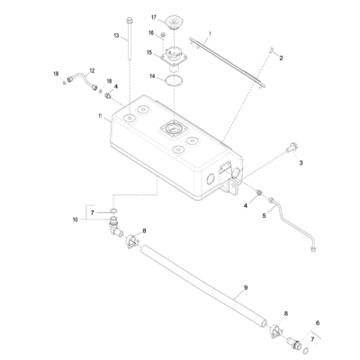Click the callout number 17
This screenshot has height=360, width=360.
[x=154, y=17]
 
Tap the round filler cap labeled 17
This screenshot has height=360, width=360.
[x=171, y=22]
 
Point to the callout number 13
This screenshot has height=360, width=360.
[x=116, y=35]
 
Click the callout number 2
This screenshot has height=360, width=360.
[x=281, y=58]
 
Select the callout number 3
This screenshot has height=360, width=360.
[x=301, y=162]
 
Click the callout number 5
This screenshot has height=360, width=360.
[x=265, y=216]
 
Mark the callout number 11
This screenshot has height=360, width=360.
[x=100, y=116]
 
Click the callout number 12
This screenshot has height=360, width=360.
[x=91, y=69]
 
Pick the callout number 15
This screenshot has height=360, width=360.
[x=151, y=53]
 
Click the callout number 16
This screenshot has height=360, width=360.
[x=151, y=33]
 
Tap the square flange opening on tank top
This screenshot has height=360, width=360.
[x=172, y=130]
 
